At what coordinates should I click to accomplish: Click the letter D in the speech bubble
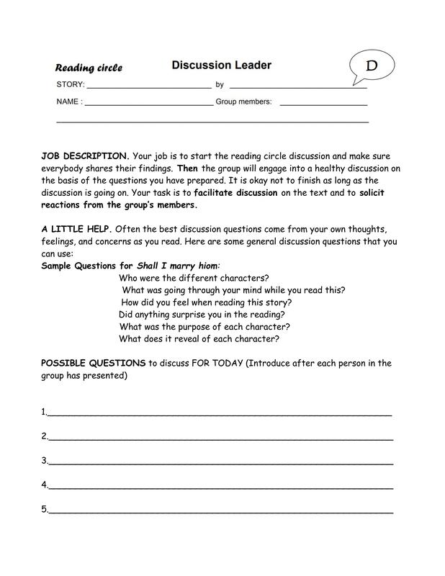point(372,66)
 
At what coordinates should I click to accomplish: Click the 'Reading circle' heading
point(89,68)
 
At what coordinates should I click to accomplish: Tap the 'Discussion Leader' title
point(221,66)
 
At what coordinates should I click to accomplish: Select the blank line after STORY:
point(149,87)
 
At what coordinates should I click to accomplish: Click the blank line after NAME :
point(149,104)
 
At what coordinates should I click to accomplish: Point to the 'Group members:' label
point(243,102)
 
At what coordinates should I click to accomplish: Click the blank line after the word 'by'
point(298,87)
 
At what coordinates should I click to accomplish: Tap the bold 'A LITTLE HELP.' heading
point(76,229)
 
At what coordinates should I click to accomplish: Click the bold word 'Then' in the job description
point(186,168)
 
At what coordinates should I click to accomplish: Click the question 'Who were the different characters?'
point(194,278)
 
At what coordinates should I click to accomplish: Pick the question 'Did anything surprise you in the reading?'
point(202,315)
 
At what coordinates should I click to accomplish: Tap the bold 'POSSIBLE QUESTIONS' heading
point(93,363)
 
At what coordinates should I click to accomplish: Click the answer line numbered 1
point(220,415)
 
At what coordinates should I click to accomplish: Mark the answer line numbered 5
point(220,512)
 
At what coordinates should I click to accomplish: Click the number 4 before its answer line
point(44,485)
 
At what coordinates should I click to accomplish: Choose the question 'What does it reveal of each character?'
point(199,339)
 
